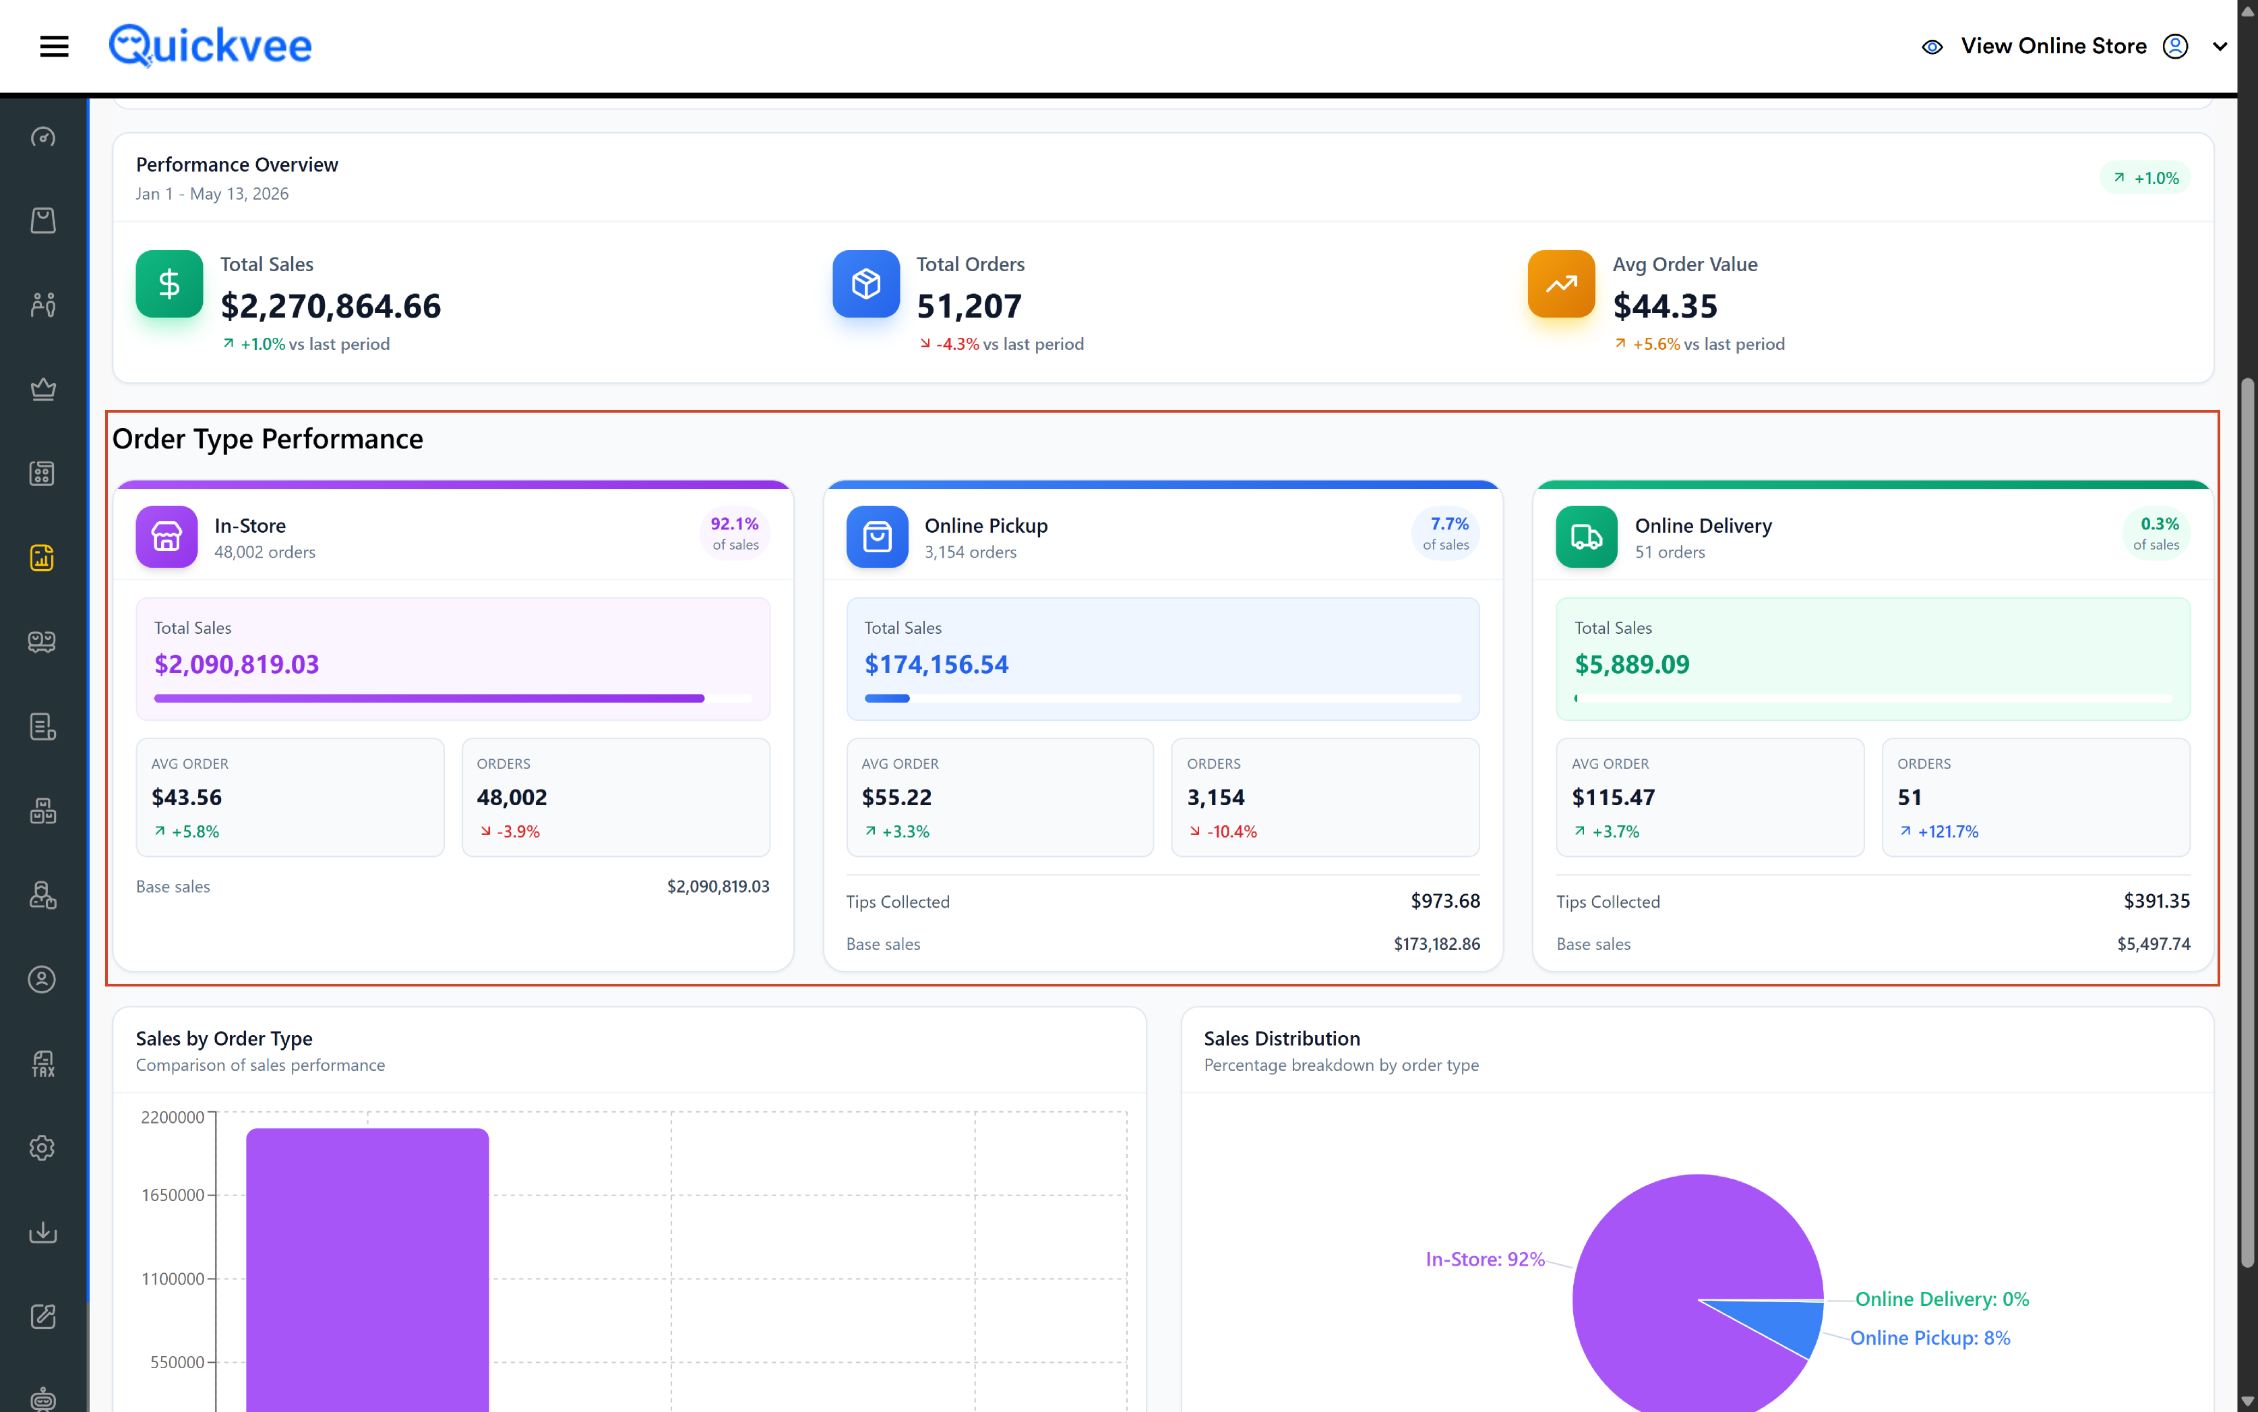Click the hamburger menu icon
coord(54,46)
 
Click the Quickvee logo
coord(210,46)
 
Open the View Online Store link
coord(2052,46)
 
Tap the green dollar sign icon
coord(169,284)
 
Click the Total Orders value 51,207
coord(969,306)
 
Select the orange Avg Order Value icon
coord(1561,284)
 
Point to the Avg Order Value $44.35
coord(1666,306)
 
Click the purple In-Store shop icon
coord(166,537)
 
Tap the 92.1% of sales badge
coord(735,533)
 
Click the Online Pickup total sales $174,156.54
coord(936,665)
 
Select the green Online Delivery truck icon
coord(1586,537)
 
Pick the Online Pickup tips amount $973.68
coord(1445,901)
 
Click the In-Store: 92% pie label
coord(1484,1259)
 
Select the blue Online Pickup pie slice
coord(1783,1326)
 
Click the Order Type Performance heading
coord(268,439)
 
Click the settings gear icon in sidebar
coord(42,1148)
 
